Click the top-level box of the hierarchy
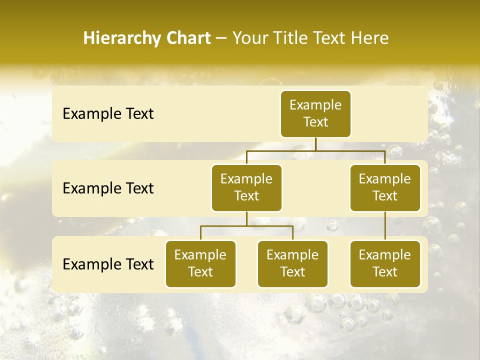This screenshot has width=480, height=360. tap(315, 113)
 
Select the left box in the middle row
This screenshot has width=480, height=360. tap(246, 187)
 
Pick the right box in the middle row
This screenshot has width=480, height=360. tap(385, 187)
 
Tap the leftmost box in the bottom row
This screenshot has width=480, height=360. tap(200, 263)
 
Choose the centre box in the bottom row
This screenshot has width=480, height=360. tap(292, 263)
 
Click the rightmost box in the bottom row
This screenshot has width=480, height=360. tap(385, 263)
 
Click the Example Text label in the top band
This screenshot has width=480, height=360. tap(108, 114)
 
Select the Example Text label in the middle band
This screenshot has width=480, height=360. tap(108, 188)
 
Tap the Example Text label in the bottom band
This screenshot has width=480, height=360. tap(108, 264)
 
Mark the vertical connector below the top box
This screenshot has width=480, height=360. tap(315, 144)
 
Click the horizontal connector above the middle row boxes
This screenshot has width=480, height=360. tap(315, 150)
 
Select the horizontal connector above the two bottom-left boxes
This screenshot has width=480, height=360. tap(246, 226)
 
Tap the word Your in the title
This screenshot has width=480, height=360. tap(250, 38)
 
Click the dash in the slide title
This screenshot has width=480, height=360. tap(221, 38)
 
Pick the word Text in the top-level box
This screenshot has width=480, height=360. tap(315, 122)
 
